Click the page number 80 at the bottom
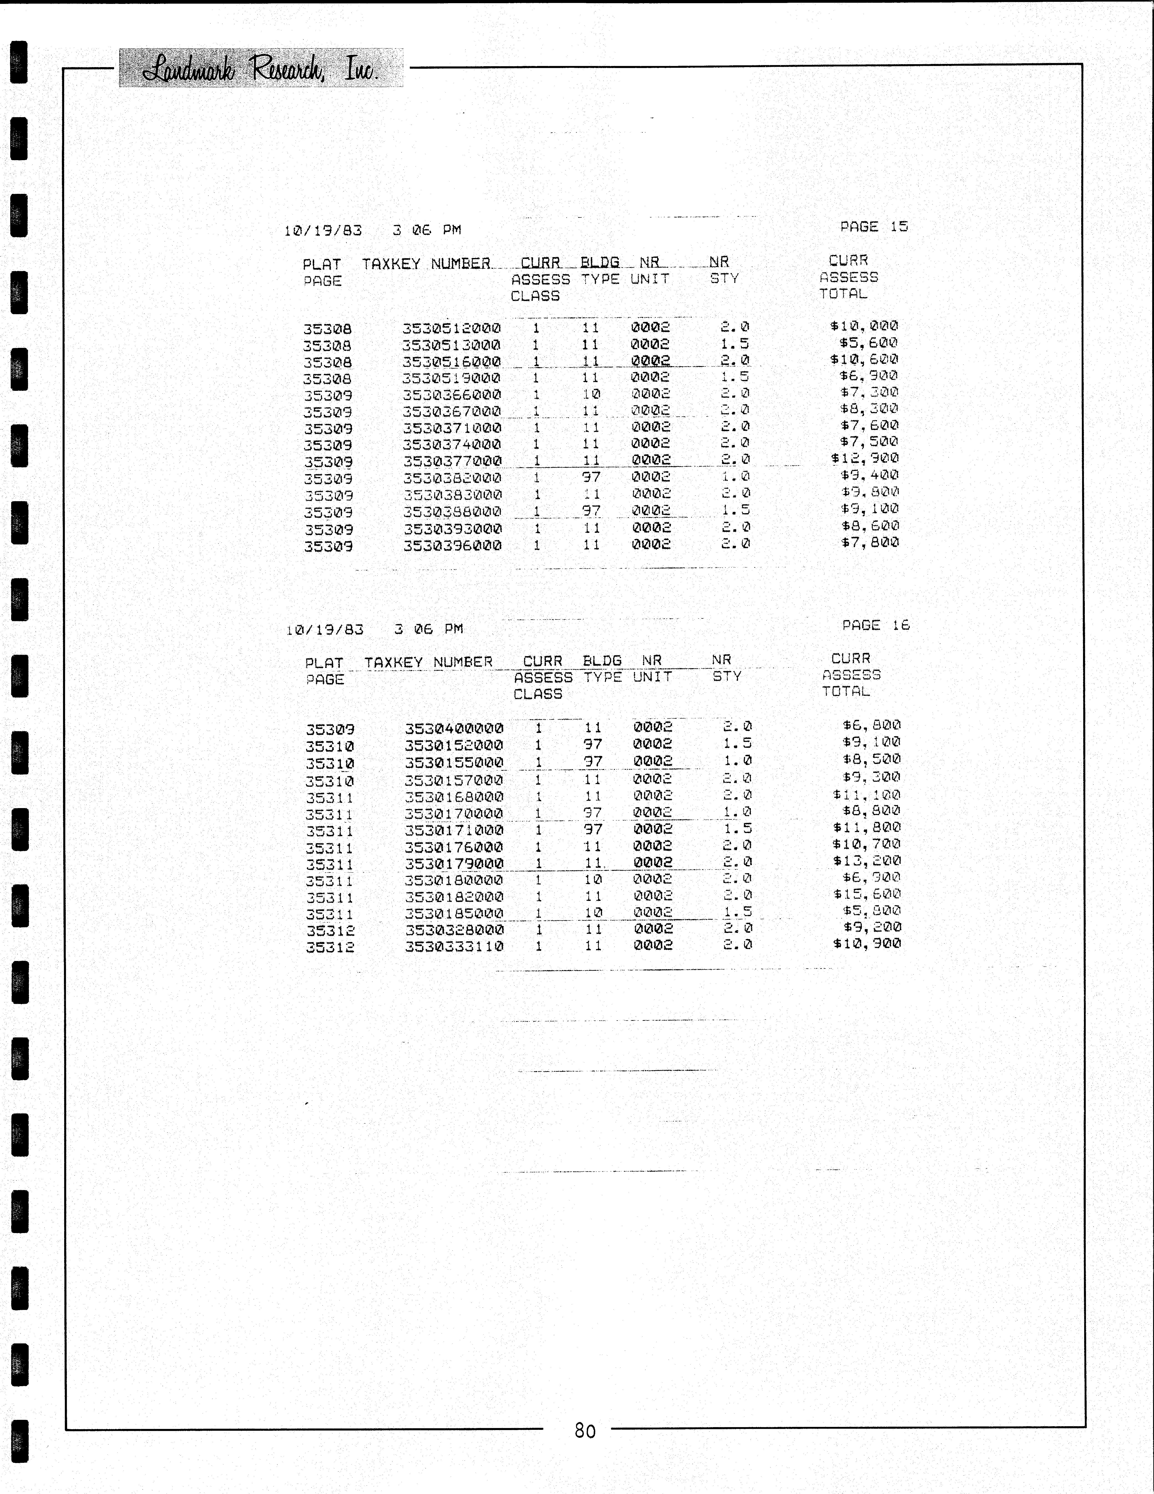click(585, 1430)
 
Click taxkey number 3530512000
click(451, 328)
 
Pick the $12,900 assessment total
click(865, 458)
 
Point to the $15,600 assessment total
click(867, 894)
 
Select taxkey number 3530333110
click(454, 947)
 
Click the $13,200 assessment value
click(867, 861)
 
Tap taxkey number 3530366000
click(451, 395)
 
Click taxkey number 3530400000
click(454, 728)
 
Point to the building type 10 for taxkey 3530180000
click(593, 879)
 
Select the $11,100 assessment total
click(867, 795)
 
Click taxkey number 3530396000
click(452, 546)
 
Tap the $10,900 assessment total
click(867, 944)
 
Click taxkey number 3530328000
click(454, 930)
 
